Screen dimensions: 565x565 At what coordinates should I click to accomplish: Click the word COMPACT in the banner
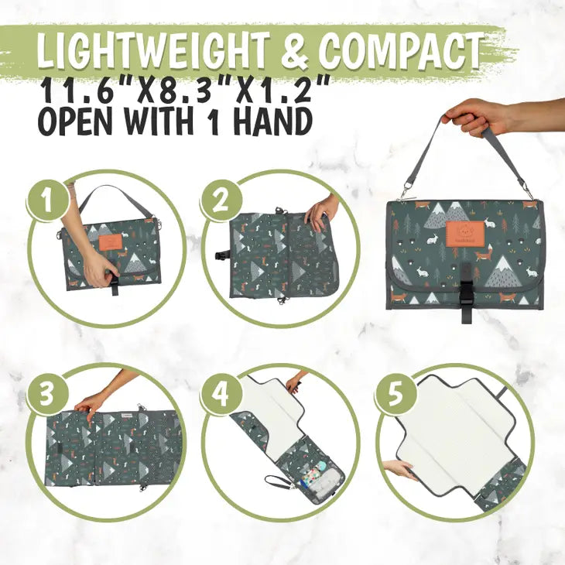tap(400, 50)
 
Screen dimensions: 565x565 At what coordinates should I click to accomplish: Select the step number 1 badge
tap(47, 199)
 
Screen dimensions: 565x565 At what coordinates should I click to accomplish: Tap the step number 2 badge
tap(221, 199)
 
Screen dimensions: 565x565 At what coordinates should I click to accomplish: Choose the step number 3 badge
tap(47, 393)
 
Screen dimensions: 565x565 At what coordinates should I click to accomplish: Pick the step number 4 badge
tap(221, 393)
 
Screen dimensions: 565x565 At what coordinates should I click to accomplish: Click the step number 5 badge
tap(395, 393)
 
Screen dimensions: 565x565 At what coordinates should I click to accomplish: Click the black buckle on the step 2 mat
tap(220, 256)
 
